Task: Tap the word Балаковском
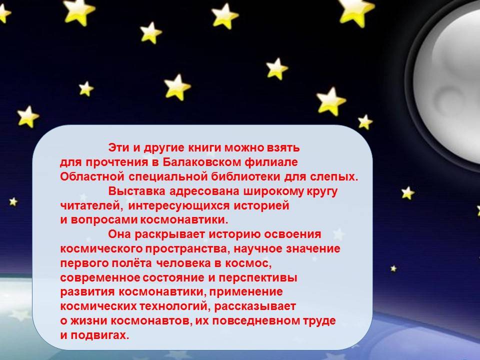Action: coord(201,162)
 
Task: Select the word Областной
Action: coord(92,176)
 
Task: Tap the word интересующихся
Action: coord(179,205)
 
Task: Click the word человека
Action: coord(183,263)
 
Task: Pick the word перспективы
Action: coord(258,278)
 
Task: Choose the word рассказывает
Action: coord(255,306)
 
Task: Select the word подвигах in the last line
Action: coord(100,335)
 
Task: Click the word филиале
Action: coord(271,162)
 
